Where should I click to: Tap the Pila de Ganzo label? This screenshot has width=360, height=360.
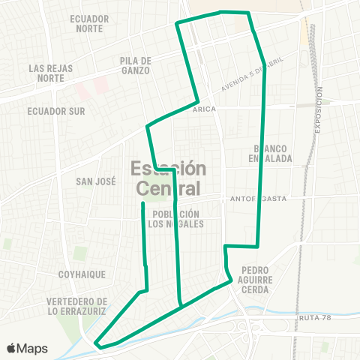[135, 65]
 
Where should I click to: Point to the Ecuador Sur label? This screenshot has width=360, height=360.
[57, 111]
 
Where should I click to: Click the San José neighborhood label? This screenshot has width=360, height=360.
[94, 181]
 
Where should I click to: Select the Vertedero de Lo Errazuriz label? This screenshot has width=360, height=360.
[77, 306]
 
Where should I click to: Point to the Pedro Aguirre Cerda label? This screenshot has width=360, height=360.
[261, 279]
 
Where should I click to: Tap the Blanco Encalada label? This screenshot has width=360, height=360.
[271, 153]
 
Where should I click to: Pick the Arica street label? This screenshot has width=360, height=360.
[204, 109]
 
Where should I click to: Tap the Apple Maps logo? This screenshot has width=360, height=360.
[27, 348]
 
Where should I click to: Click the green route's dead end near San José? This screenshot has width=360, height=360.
[142, 203]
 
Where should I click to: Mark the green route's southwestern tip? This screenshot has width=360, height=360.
[97, 344]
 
